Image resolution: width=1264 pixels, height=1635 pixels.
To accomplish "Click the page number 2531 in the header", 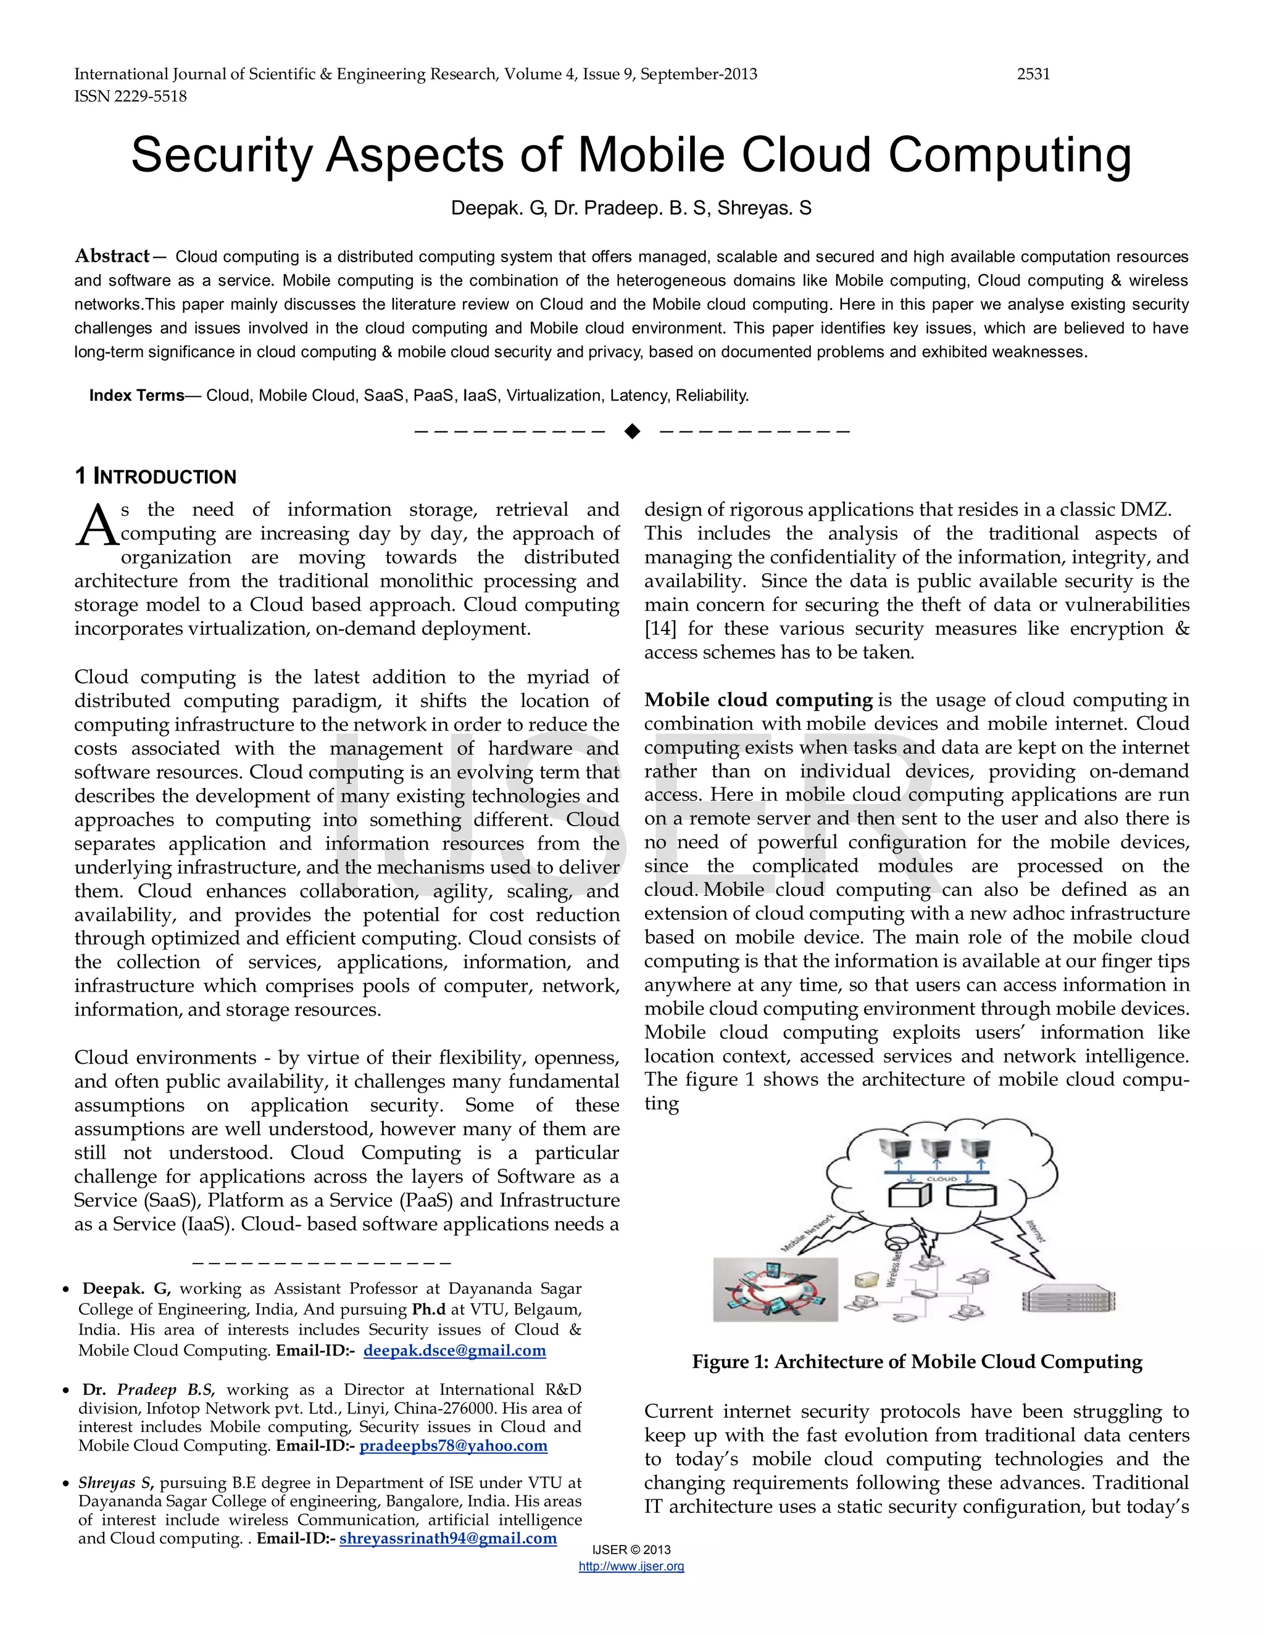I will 1033,74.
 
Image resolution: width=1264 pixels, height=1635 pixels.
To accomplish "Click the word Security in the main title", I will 222,155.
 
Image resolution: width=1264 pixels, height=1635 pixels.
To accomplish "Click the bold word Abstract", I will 112,256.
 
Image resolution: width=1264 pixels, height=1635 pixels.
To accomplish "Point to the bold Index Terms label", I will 136,395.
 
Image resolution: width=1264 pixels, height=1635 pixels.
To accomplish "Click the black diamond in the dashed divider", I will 632,431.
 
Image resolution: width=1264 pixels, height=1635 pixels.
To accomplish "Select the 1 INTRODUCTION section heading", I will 155,476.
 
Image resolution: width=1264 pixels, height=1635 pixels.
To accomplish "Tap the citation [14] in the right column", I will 660,628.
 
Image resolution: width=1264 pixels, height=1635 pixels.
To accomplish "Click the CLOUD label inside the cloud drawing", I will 941,1178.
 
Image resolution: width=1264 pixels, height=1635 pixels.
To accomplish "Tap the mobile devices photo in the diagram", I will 775,1289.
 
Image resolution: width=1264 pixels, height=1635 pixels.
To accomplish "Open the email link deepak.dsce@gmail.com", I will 454,1350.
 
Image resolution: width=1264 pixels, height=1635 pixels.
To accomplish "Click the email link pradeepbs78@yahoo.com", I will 453,1445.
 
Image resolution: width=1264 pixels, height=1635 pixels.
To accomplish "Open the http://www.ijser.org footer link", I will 631,1566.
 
